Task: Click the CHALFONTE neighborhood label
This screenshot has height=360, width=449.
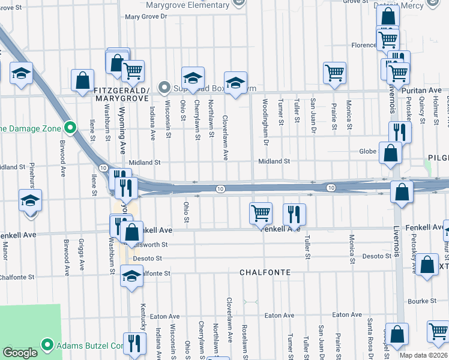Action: pos(265,272)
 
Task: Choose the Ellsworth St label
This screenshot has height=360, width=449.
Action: pos(155,245)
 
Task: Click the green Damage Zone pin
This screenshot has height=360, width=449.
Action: pos(70,128)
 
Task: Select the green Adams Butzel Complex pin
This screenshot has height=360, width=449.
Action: pos(48,345)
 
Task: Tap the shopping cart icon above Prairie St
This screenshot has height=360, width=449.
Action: pos(334,73)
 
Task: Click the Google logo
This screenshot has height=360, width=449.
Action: pos(20,353)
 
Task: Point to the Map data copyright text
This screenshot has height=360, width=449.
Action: pos(424,355)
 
